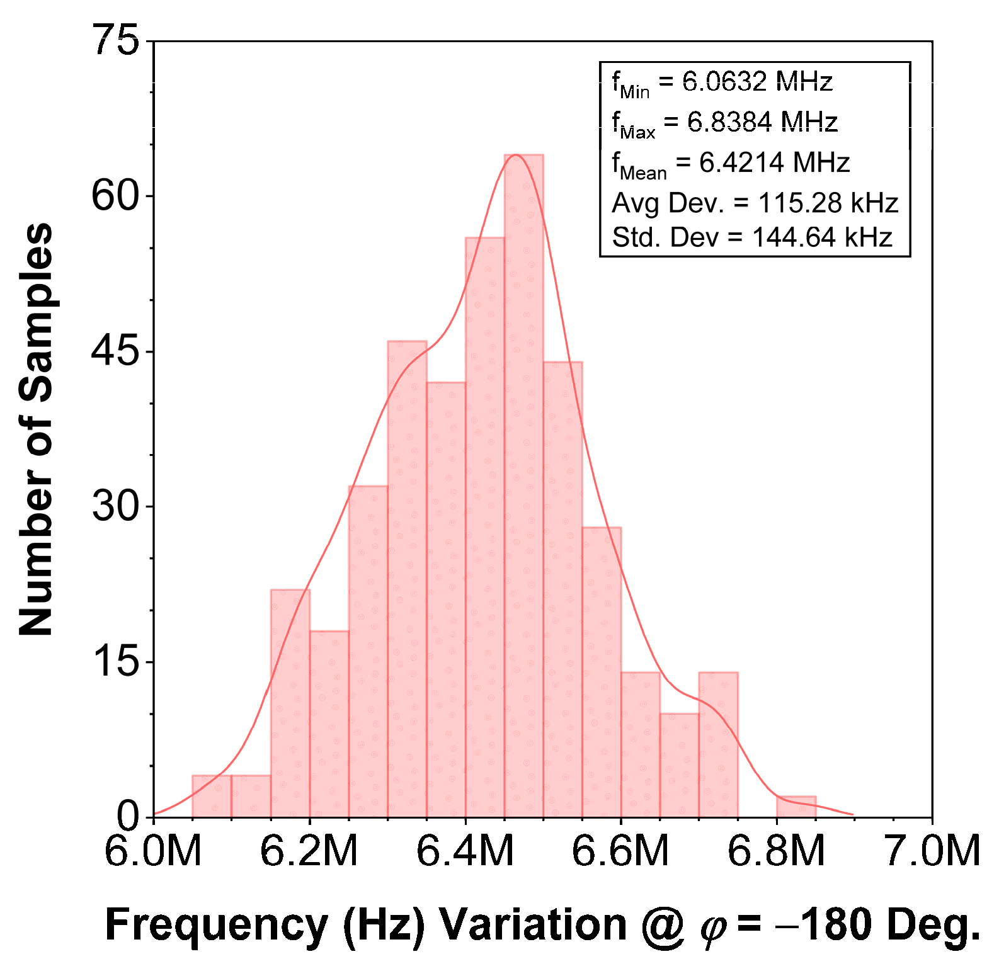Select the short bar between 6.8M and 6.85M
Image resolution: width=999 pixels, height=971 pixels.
coord(796,807)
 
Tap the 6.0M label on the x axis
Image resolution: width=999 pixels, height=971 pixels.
coord(153,851)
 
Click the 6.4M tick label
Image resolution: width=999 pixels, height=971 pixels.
coord(465,851)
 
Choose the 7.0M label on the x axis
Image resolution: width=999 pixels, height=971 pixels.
coord(932,851)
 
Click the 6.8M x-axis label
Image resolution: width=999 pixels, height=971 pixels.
coord(776,851)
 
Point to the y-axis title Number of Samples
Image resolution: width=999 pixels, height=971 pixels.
coord(36,428)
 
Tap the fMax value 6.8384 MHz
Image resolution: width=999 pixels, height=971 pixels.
coord(762,122)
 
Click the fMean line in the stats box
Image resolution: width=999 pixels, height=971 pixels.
coord(731,163)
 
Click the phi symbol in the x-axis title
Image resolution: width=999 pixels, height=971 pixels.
coord(714,928)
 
